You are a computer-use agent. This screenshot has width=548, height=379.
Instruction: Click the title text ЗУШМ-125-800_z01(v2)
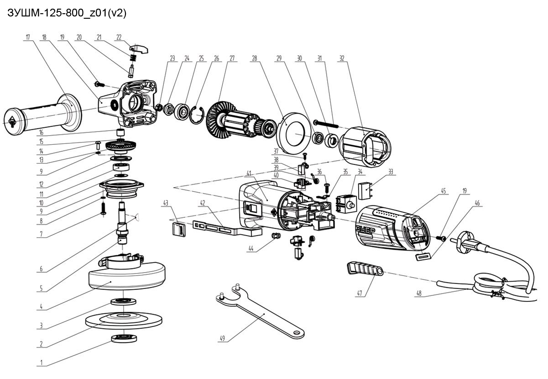pyautogui.click(x=67, y=13)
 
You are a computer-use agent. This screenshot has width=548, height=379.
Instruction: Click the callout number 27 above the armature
pyautogui.click(x=232, y=58)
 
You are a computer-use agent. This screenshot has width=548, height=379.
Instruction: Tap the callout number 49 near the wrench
pyautogui.click(x=222, y=338)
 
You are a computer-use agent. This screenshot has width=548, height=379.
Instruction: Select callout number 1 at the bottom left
pyautogui.click(x=42, y=363)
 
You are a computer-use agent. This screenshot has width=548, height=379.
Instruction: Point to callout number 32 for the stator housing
pyautogui.click(x=342, y=58)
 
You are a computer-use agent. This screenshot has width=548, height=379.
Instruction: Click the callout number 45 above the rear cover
pyautogui.click(x=444, y=191)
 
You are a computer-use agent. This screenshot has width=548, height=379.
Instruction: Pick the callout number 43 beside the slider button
pyautogui.click(x=166, y=203)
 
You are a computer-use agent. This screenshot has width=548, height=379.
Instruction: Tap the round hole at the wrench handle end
pyautogui.click(x=297, y=333)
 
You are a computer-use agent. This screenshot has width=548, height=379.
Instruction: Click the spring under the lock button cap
pyautogui.click(x=133, y=58)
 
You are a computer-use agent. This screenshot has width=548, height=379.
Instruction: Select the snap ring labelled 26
pyautogui.click(x=197, y=115)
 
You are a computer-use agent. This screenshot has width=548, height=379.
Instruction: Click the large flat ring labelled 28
pyautogui.click(x=293, y=132)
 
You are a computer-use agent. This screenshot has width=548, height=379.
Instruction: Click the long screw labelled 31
pyautogui.click(x=326, y=123)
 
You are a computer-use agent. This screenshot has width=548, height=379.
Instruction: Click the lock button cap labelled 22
pyautogui.click(x=138, y=48)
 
